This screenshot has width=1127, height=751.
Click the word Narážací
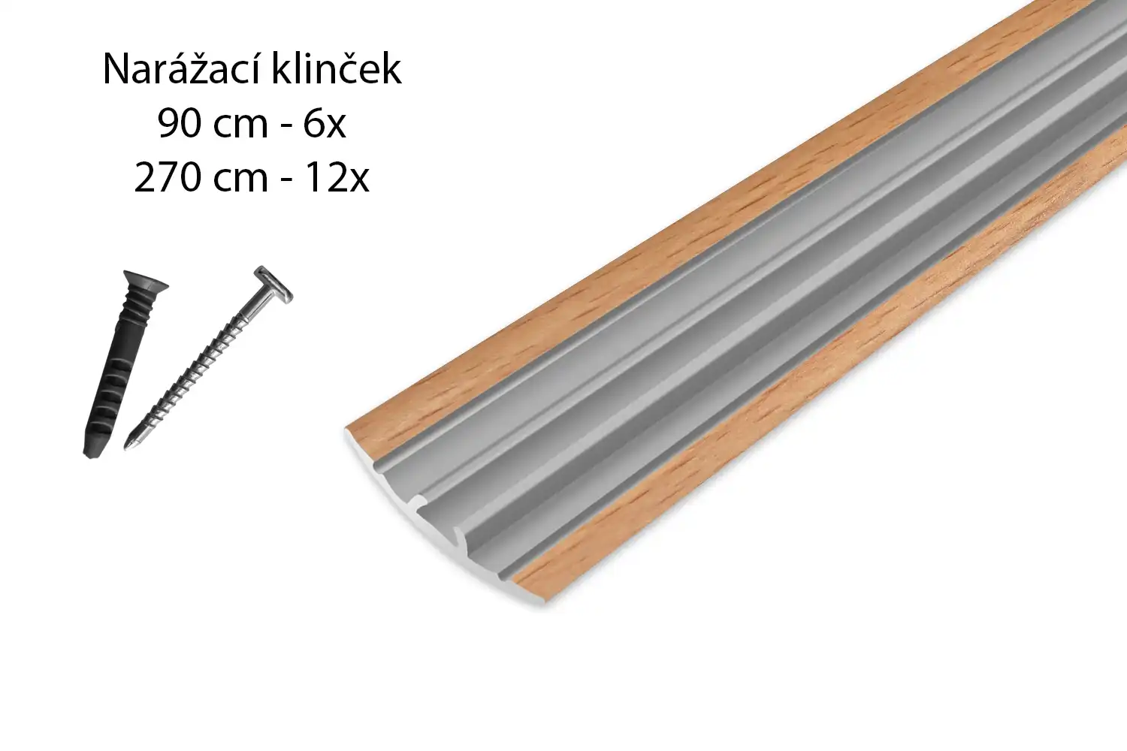(181, 70)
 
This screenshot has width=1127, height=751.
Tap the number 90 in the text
(178, 124)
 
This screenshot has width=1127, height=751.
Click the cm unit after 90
(240, 128)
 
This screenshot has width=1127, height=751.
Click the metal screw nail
(208, 357)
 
